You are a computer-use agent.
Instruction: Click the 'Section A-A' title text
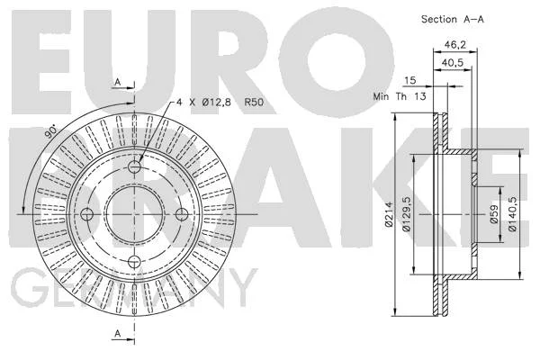[x=452, y=19]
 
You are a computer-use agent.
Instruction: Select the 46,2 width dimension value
[x=454, y=44]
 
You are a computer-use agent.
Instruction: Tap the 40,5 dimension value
[x=453, y=63]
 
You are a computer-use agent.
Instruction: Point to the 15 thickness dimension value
[x=409, y=81]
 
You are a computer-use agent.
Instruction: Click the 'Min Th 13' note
[x=400, y=96]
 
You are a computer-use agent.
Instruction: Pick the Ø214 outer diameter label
[x=389, y=214]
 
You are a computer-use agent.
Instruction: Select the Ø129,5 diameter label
[x=407, y=213]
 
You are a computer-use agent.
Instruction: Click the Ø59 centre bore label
[x=494, y=214]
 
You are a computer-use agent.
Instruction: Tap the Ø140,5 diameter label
[x=513, y=214]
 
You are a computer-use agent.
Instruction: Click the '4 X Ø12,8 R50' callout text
[x=220, y=103]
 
